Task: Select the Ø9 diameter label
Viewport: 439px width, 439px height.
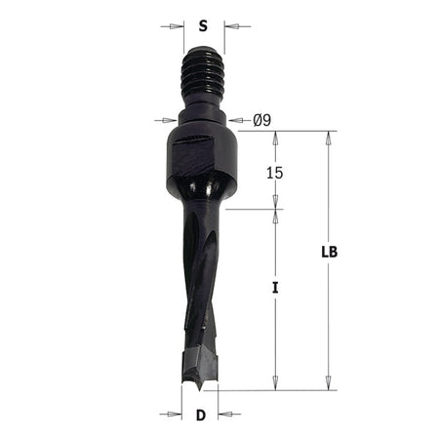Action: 261,121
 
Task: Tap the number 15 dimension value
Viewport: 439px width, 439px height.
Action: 276,171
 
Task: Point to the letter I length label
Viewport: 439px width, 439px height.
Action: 276,289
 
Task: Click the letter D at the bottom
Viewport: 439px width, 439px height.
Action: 200,415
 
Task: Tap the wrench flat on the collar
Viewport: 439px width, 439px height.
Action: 193,152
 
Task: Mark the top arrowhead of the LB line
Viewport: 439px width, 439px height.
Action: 329,137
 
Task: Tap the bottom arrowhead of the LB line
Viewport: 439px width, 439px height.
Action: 329,384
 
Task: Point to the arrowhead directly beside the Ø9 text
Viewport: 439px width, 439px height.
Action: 234,121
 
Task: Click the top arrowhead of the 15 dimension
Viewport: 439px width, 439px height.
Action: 276,137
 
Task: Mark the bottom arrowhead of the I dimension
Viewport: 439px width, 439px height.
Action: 276,384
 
